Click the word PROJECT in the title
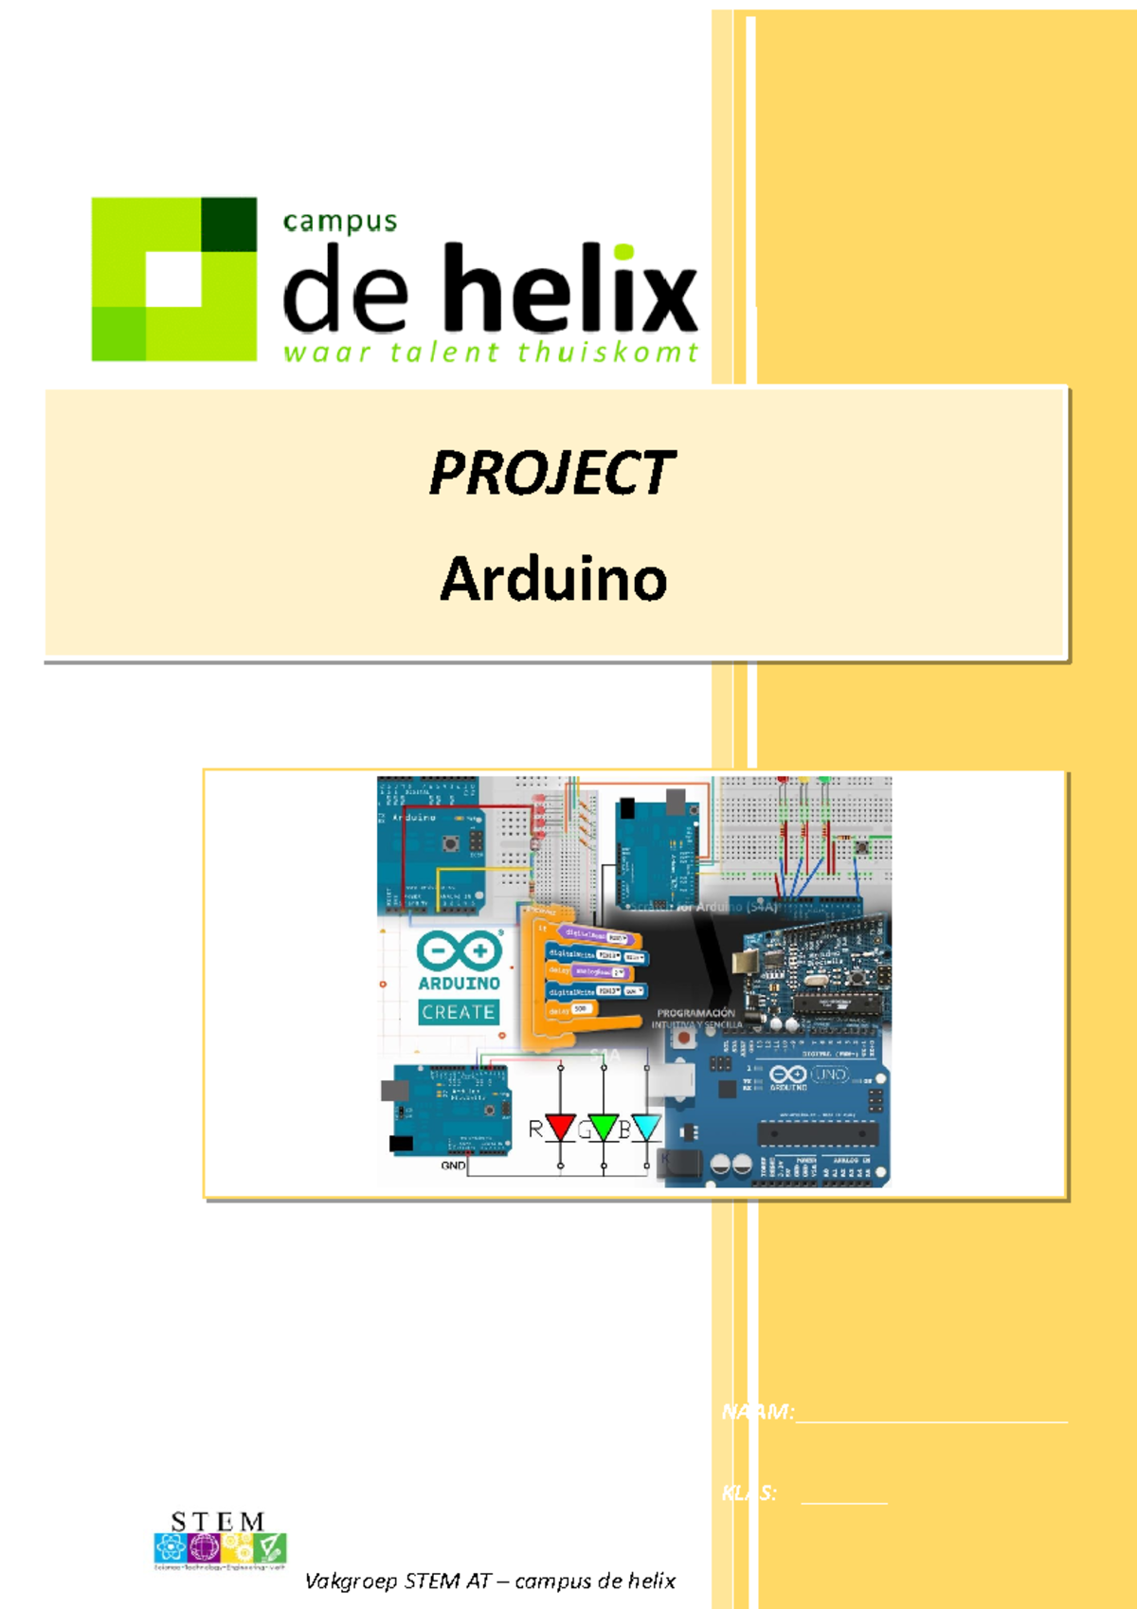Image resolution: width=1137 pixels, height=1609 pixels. [551, 473]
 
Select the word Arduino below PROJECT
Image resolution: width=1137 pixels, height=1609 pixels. [553, 579]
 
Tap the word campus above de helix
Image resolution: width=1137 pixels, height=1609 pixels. [339, 222]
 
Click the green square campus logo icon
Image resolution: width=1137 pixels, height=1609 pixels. [174, 279]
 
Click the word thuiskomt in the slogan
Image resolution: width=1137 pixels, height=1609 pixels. [607, 353]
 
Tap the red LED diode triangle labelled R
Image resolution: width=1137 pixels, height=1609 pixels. [560, 1128]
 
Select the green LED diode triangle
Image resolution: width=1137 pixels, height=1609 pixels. [604, 1128]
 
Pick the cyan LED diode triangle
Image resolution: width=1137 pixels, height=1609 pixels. [646, 1128]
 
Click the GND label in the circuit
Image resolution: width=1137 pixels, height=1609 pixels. [453, 1165]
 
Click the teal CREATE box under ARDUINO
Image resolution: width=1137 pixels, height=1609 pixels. [459, 1012]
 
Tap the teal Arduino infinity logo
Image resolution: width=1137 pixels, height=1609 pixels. [459, 950]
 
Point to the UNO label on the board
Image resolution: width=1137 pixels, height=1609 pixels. [830, 1075]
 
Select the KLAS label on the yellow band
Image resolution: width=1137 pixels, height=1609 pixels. [749, 1493]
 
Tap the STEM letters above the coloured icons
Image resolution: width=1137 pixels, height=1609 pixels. [217, 1522]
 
